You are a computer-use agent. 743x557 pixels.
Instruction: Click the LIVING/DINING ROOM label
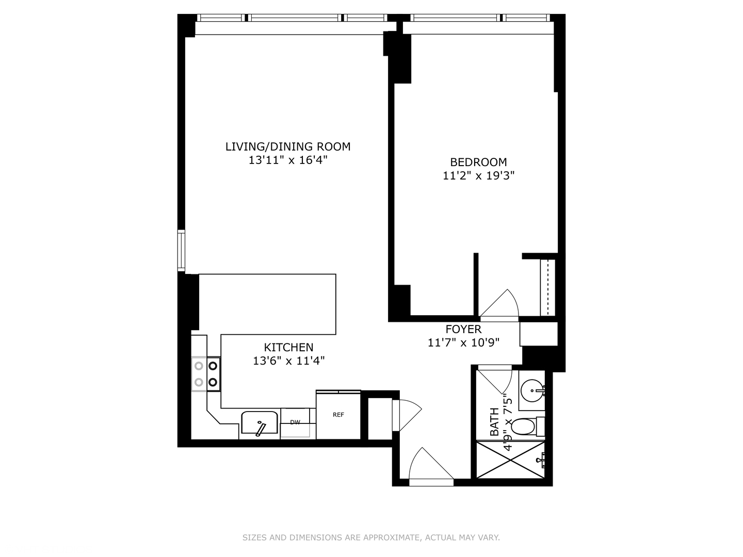point(288,146)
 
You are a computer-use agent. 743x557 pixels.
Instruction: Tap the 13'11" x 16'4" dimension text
point(288,160)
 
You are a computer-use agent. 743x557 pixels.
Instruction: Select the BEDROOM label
point(478,162)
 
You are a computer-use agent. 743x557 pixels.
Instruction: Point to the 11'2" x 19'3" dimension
point(478,176)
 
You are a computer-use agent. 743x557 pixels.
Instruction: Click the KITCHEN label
point(288,347)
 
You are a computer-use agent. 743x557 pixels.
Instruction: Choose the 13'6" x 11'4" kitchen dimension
point(288,361)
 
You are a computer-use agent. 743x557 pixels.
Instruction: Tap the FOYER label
point(463,329)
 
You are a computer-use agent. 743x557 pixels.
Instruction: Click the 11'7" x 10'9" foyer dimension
point(463,342)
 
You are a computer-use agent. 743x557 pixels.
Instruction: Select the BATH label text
point(494,421)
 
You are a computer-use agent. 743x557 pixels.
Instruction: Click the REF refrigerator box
point(338,415)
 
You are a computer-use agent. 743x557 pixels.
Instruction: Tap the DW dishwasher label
point(295,422)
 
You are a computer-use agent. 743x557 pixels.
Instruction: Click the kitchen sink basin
point(260,423)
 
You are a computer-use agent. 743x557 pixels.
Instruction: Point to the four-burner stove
point(206,374)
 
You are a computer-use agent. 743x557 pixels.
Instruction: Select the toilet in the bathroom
point(526,427)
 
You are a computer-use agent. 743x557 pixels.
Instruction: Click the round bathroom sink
point(531,391)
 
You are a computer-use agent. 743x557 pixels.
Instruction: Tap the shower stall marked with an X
point(510,459)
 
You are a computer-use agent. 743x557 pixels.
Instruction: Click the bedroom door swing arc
point(500,304)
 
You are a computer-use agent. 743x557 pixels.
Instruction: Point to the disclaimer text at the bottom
point(371,537)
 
